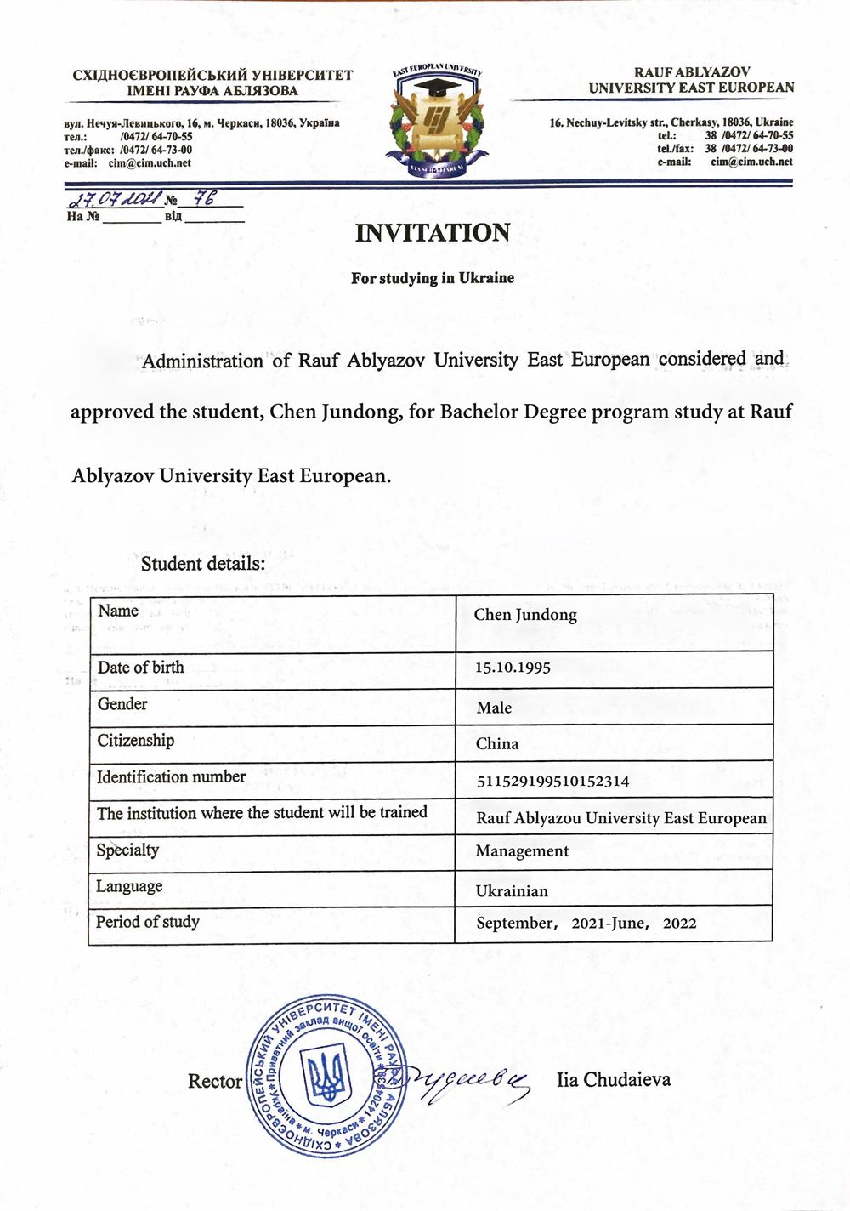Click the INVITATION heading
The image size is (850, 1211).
pos(433,233)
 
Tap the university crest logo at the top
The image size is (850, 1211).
pos(437,119)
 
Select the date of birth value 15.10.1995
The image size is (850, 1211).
pos(513,668)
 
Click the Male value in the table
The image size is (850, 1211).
pos(494,708)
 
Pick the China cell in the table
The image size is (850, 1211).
pos(497,744)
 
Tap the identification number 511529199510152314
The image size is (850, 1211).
pos(552,781)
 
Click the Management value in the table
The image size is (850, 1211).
pos(522,851)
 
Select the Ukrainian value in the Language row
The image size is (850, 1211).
pos(512,891)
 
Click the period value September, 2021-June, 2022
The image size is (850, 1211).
pos(586,924)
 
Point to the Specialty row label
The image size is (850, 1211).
pos(127,850)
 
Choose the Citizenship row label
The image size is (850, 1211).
pos(135,740)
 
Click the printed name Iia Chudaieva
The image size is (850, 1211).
pos(614,1080)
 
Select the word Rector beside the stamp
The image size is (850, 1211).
pos(215,1082)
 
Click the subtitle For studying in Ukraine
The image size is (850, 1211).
pos(433,278)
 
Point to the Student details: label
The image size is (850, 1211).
pos(203,564)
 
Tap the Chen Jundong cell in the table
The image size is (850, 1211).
pos(525,615)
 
